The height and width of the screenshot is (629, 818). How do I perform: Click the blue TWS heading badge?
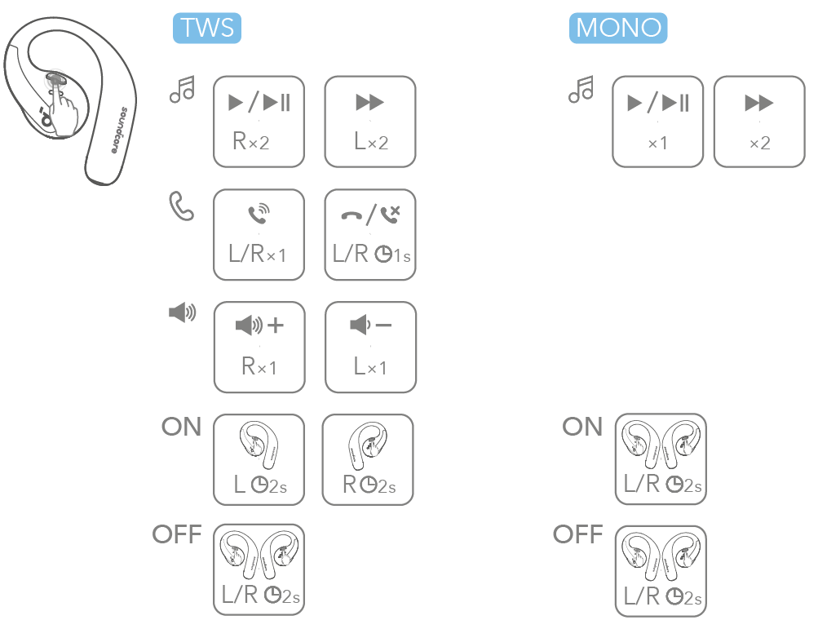point(207,28)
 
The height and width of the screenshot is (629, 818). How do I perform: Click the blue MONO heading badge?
point(618,28)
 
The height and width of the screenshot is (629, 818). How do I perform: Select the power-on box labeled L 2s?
point(259,459)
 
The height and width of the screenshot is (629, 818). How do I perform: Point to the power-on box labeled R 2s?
point(368,459)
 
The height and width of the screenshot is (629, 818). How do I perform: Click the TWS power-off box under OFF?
point(259,569)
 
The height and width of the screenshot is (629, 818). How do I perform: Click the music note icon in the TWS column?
point(182,89)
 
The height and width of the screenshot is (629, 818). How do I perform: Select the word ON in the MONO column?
point(582,427)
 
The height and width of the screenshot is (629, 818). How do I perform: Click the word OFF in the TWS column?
point(177,535)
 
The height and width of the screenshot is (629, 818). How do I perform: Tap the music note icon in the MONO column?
point(581,89)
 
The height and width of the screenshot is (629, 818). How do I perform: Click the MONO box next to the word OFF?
point(659,569)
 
